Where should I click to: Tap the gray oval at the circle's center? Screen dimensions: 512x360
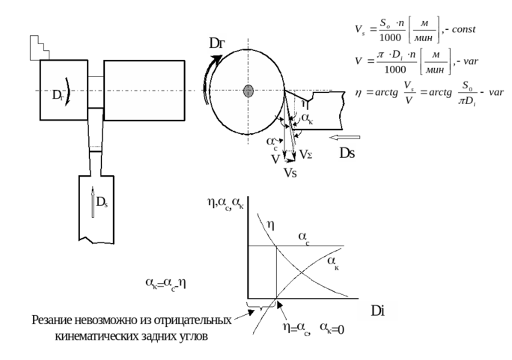(249, 91)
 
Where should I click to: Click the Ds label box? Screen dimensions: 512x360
(347, 153)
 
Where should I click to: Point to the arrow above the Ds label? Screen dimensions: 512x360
(345, 138)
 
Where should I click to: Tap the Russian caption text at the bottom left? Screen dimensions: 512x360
(132, 329)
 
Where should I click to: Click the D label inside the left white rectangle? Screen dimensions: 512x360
(57, 96)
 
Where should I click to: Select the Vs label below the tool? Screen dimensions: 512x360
(290, 173)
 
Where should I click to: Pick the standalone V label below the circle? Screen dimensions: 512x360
(275, 159)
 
